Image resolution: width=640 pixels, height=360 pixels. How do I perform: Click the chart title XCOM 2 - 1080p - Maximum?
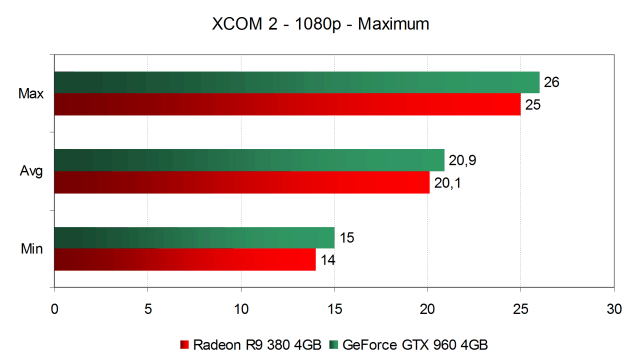[320, 24]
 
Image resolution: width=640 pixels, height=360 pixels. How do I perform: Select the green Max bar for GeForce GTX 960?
[297, 82]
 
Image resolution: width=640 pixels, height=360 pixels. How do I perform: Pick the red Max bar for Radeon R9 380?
[288, 104]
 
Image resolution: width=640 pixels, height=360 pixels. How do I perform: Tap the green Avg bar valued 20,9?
[249, 160]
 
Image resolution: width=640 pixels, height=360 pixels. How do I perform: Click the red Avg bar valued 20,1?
[242, 182]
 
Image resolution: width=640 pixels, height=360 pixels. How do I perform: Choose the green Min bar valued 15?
[195, 238]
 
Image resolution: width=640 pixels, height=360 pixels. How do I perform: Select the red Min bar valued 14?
[185, 260]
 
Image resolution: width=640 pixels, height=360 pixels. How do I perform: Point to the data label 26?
[551, 82]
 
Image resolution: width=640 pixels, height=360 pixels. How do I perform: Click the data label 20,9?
[462, 160]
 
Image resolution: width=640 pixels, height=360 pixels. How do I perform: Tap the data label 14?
[328, 260]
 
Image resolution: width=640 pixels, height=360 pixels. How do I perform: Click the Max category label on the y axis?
[31, 93]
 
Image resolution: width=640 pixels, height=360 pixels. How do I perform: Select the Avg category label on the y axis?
[31, 171]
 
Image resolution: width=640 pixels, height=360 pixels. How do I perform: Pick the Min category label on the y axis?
[32, 248]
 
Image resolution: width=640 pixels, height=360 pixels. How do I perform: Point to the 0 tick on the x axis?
[55, 309]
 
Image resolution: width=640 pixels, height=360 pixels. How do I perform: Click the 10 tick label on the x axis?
[241, 309]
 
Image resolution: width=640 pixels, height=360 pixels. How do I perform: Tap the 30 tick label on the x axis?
[614, 309]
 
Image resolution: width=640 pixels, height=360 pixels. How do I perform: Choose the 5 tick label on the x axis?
[148, 309]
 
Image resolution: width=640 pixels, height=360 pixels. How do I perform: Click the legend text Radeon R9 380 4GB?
[257, 345]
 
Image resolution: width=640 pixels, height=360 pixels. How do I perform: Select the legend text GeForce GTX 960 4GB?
[415, 345]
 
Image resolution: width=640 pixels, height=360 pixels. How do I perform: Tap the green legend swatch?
[334, 345]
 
